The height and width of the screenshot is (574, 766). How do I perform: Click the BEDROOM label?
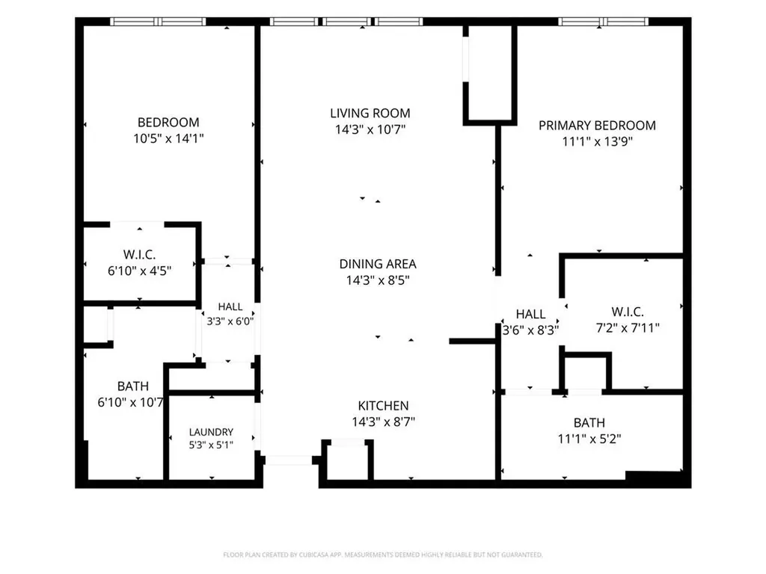(168, 122)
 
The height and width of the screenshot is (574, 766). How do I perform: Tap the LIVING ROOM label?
(370, 114)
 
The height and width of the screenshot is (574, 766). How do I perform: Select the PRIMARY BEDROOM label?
(597, 126)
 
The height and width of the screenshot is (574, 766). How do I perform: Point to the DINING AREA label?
(378, 264)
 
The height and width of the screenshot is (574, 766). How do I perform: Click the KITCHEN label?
(384, 406)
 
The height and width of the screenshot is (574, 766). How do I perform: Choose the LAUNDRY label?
(211, 432)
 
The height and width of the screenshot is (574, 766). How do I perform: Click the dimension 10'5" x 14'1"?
(168, 138)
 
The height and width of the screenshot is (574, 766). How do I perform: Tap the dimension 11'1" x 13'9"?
(598, 141)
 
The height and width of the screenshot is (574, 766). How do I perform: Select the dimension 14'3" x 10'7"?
(370, 129)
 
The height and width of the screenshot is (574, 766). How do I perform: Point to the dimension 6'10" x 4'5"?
(140, 271)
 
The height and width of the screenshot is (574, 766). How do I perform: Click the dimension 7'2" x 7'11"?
(628, 327)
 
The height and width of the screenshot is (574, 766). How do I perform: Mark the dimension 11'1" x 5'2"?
(589, 439)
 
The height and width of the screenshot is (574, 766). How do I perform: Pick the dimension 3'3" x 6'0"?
(230, 321)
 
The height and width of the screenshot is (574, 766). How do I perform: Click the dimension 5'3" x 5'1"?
(211, 445)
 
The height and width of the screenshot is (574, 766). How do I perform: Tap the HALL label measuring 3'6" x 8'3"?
(530, 314)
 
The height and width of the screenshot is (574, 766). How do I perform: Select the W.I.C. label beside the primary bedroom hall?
(628, 312)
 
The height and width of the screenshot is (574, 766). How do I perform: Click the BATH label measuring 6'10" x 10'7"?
(133, 386)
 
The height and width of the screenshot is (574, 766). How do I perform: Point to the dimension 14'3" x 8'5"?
(378, 280)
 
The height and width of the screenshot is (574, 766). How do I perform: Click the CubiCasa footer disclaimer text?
(383, 555)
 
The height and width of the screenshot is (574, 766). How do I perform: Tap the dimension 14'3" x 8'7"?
(384, 422)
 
